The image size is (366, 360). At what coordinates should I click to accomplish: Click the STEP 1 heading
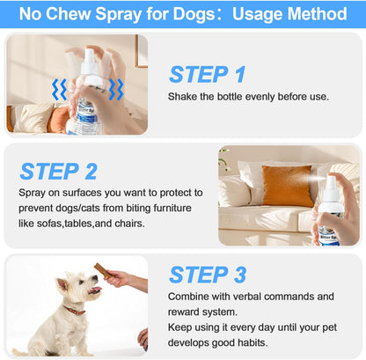click(x=208, y=74)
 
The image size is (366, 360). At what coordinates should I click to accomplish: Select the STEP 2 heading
click(x=58, y=171)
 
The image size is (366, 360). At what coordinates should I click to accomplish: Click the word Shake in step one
click(x=184, y=95)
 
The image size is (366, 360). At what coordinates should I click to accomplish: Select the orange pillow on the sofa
click(x=288, y=186)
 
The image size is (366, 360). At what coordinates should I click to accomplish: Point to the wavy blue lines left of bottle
click(x=59, y=89)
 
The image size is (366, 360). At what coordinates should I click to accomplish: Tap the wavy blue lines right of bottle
click(x=115, y=89)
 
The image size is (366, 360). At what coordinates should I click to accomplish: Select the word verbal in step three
click(x=238, y=296)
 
